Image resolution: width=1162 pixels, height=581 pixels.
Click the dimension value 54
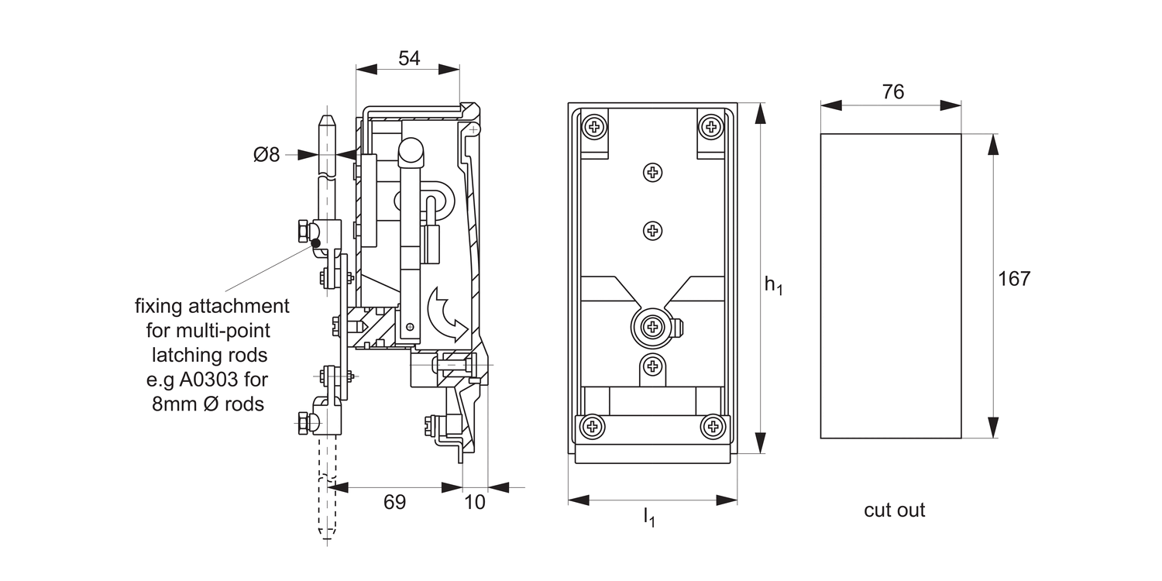(x=408, y=59)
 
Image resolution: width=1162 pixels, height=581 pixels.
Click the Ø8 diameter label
(x=266, y=155)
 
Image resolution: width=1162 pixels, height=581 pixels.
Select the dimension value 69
(x=395, y=502)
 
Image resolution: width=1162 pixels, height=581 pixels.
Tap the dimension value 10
(x=475, y=502)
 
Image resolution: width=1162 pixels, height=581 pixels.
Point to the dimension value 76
(x=892, y=92)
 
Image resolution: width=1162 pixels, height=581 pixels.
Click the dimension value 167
(x=1014, y=279)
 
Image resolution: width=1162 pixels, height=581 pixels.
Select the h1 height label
(x=773, y=285)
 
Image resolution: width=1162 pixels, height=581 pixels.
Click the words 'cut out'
(x=894, y=511)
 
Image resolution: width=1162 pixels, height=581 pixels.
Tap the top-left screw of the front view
(x=594, y=125)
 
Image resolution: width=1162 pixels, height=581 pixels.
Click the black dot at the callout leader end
(x=315, y=244)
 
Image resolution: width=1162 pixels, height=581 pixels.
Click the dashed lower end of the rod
(x=327, y=507)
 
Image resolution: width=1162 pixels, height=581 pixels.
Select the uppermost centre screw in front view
(x=653, y=173)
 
